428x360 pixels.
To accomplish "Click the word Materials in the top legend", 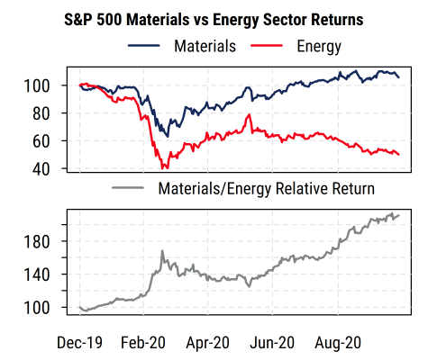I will click(205, 44).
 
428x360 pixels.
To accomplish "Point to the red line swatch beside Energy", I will click(267, 44).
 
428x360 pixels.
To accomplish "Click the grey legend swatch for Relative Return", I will click(128, 190).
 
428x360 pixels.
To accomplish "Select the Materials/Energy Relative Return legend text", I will click(265, 190).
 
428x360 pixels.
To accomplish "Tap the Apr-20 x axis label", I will click(206, 342).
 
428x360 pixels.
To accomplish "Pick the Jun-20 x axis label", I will click(271, 342).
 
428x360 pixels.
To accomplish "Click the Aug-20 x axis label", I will click(336, 342).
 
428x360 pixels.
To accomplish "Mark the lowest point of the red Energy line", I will click(163, 168).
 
